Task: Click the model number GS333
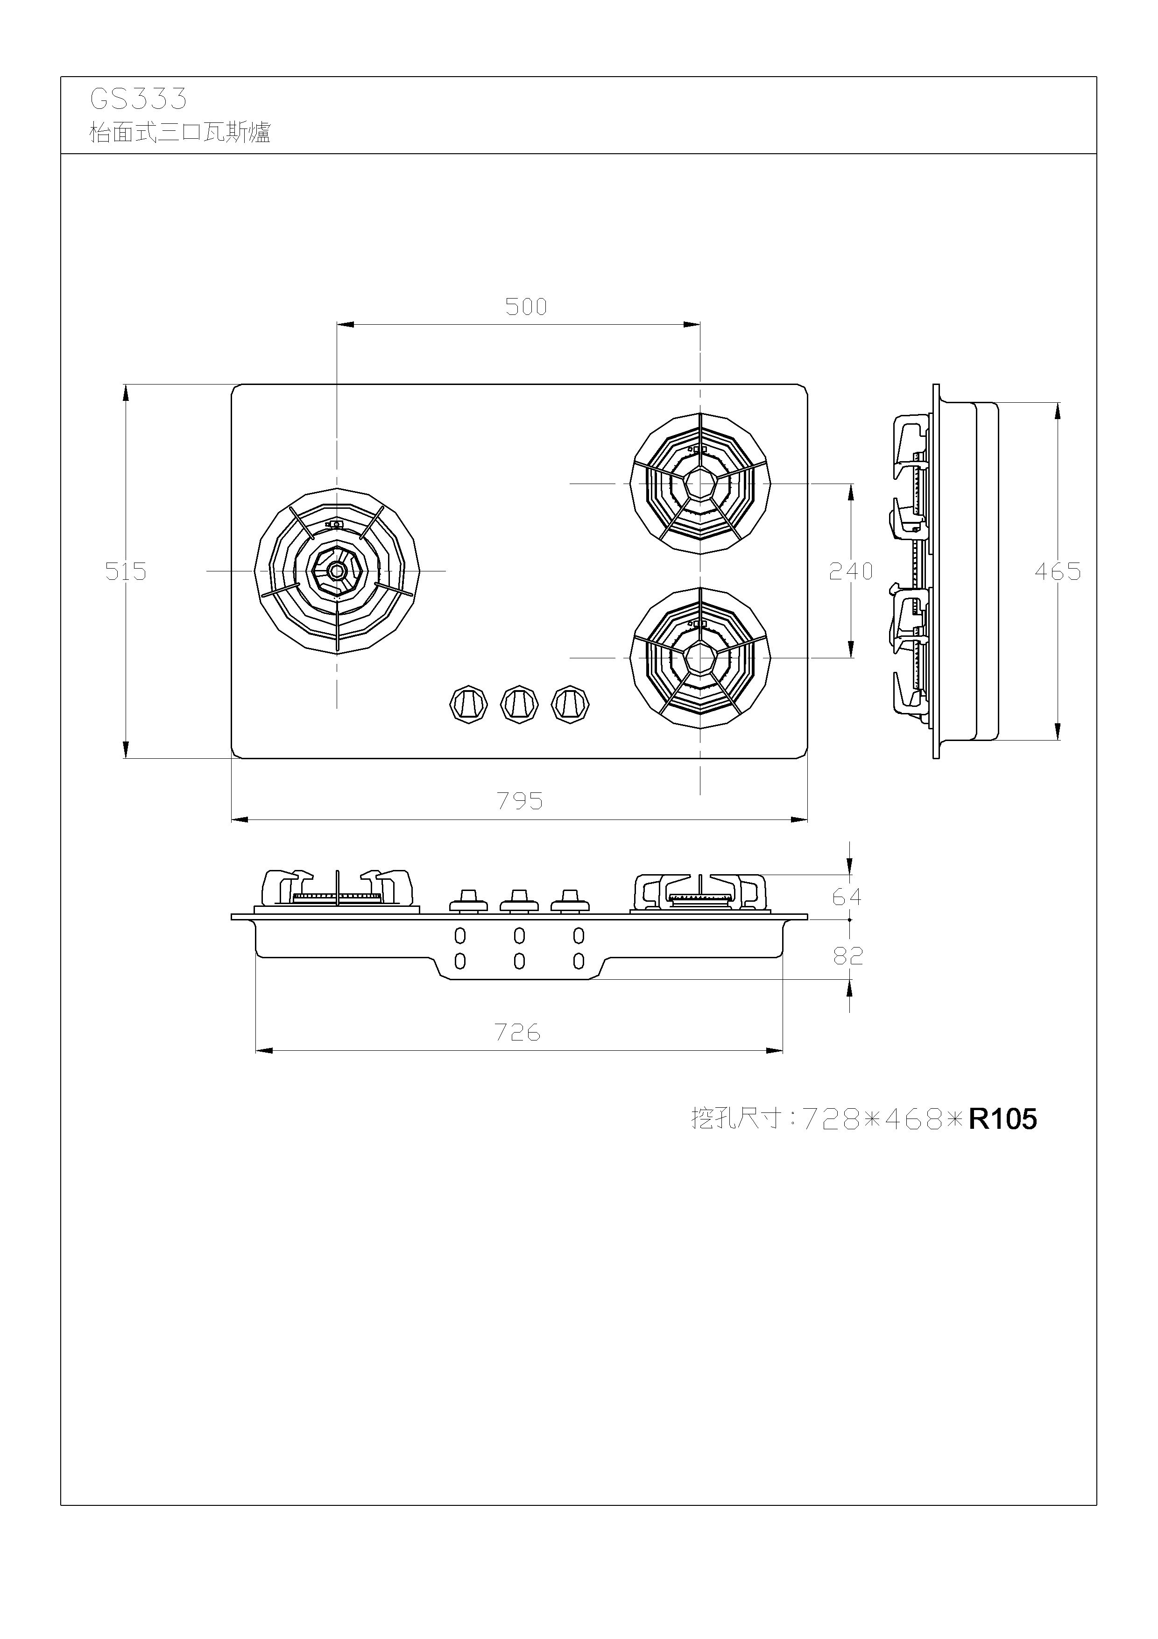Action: point(138,99)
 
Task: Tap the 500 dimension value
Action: point(526,307)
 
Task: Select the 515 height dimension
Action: point(126,571)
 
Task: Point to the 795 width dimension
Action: point(520,801)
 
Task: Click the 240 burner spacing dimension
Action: point(850,571)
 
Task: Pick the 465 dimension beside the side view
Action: point(1058,571)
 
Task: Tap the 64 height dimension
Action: point(847,897)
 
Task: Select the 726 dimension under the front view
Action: point(518,1032)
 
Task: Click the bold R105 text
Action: point(1003,1119)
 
